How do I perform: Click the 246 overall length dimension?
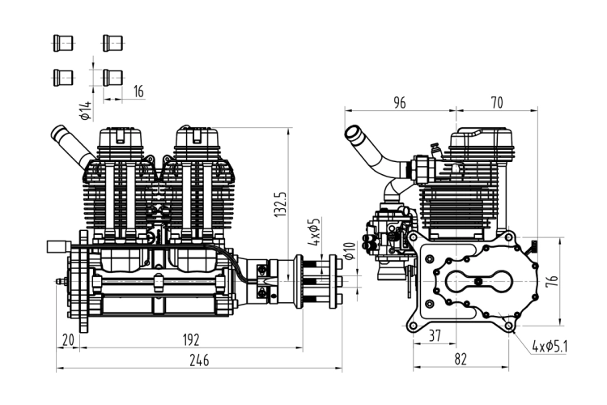coord(199,360)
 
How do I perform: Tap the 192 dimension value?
coord(191,340)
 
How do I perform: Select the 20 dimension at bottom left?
coord(68,340)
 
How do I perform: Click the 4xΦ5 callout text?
coord(314,232)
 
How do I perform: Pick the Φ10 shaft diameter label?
coord(349,251)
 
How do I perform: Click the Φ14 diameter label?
coord(86,110)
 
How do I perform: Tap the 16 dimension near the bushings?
coord(138,92)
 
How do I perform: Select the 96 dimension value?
coord(400,103)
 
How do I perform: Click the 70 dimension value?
coord(497,103)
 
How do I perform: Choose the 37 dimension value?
coord(435,335)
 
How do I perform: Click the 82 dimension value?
coord(461,360)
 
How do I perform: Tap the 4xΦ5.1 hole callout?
coord(550,346)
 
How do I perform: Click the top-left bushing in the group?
coord(63,43)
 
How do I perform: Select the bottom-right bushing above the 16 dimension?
coord(113,78)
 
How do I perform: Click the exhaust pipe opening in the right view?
coord(353,133)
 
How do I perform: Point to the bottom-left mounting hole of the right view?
coord(414,325)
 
